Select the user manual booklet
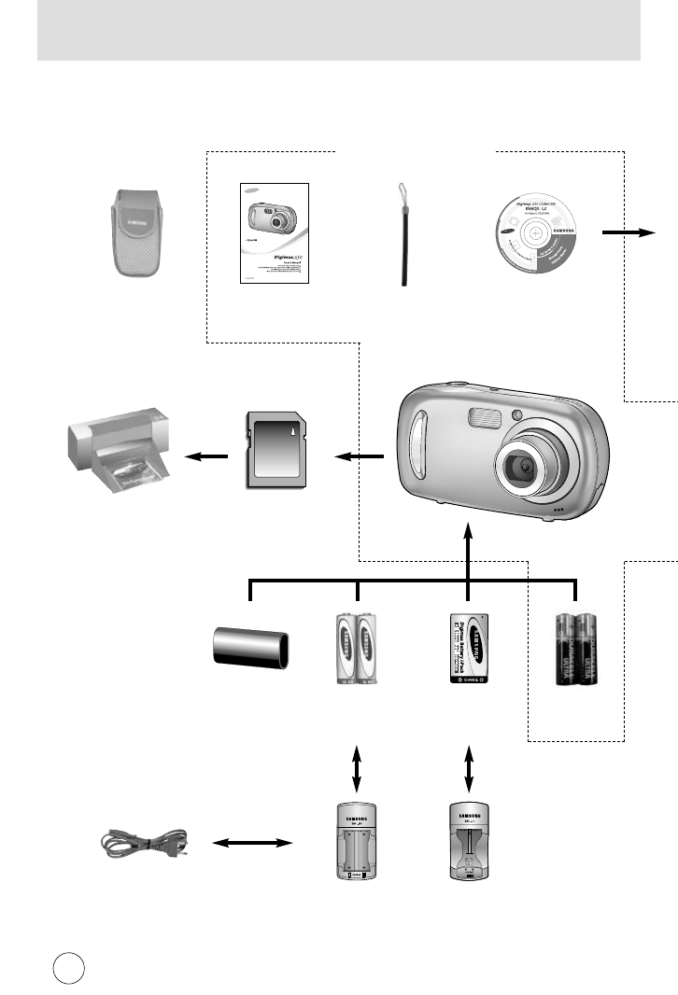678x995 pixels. click(273, 235)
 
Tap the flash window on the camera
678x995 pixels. click(478, 418)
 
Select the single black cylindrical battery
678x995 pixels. click(251, 647)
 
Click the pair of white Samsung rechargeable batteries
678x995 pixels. click(359, 651)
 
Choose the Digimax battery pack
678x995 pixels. click(468, 651)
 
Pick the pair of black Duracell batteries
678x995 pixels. click(575, 651)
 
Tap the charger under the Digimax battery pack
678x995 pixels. click(468, 842)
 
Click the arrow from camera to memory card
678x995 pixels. click(360, 456)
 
